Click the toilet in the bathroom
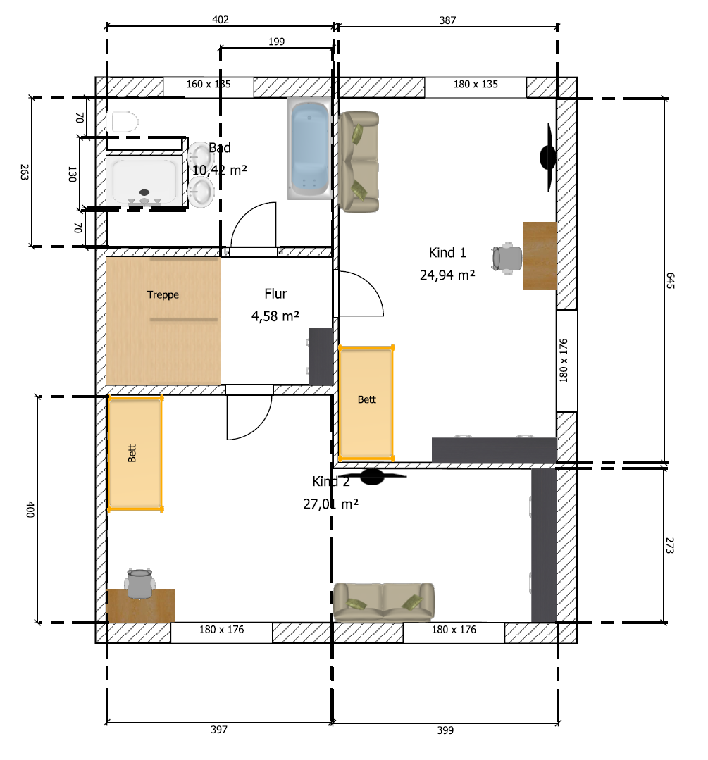coord(125,122)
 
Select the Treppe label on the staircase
coord(163,294)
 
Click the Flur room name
coord(275,294)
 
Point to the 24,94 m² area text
coord(447,275)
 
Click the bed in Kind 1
coord(366,403)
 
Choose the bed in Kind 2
coord(135,454)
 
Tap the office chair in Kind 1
coord(507,258)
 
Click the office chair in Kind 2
coord(139,584)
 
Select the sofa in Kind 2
coord(383,602)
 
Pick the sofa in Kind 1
coord(359,162)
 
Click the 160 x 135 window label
coord(209,85)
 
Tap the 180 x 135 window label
coord(476,85)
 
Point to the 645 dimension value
coord(670,280)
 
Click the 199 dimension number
coord(276,42)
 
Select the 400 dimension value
coord(30,509)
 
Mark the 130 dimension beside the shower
coord(72,174)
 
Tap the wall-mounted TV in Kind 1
coord(548,158)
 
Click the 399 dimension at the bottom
coord(445,730)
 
